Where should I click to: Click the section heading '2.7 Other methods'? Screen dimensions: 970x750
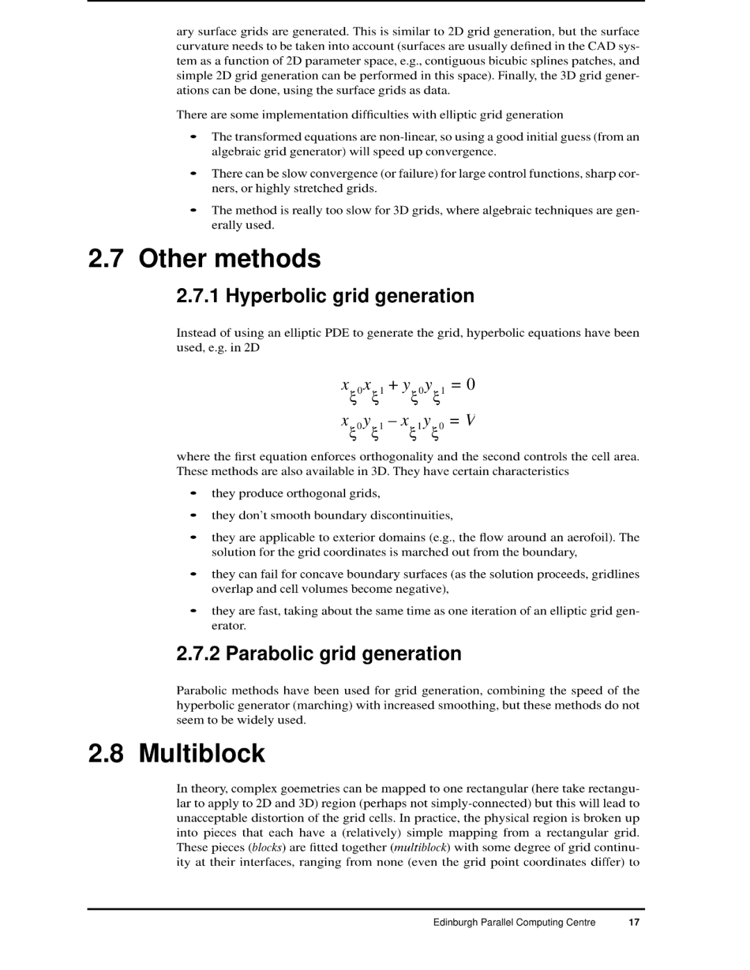pyautogui.click(x=204, y=258)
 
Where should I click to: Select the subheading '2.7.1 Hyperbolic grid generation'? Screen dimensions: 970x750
pyautogui.click(x=325, y=296)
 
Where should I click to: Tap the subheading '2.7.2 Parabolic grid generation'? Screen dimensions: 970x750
pyautogui.click(x=319, y=653)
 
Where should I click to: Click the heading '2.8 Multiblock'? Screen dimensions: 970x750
pyautogui.click(x=176, y=753)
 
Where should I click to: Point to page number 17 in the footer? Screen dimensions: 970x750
pyautogui.click(x=633, y=922)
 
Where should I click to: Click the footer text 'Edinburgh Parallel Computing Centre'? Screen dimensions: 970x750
pyautogui.click(x=514, y=922)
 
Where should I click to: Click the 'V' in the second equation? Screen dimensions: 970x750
pyautogui.click(x=470, y=421)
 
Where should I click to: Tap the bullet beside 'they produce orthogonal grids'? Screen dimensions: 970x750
pyautogui.click(x=195, y=494)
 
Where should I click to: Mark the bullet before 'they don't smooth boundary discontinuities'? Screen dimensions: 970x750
pyautogui.click(x=195, y=516)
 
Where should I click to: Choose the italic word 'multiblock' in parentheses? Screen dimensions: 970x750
pyautogui.click(x=421, y=847)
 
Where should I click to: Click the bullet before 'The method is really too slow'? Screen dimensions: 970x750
pyautogui.click(x=195, y=210)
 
